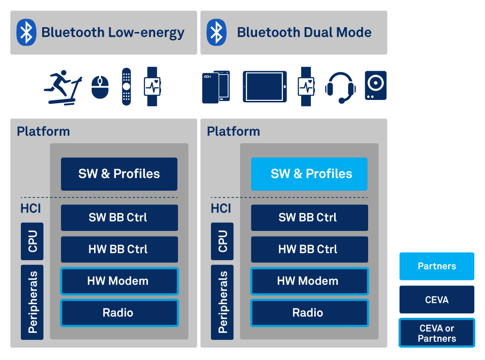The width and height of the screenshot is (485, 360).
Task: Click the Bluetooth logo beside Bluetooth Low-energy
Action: coord(26,33)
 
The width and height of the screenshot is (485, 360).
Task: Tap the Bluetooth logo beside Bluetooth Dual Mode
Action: coord(216,33)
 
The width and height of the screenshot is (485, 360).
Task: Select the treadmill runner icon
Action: coord(63,88)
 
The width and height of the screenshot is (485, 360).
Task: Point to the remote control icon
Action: coord(126,86)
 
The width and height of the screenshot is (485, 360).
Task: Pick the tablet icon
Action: coord(264,86)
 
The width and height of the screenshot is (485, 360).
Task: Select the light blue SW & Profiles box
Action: coord(309,174)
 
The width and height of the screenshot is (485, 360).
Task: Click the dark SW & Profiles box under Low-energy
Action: coord(119,174)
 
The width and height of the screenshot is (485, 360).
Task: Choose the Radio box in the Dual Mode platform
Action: coord(308,313)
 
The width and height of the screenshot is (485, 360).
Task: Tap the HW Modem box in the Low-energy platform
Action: coord(119,281)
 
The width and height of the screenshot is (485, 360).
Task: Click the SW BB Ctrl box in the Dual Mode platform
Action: coord(308,217)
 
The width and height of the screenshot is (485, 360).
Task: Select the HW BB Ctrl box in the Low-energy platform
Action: coord(119,249)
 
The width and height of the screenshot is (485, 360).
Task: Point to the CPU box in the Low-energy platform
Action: coord(32,241)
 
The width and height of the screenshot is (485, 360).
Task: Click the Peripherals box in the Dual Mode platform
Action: coord(223,302)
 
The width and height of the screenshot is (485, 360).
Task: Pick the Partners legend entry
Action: coord(436,266)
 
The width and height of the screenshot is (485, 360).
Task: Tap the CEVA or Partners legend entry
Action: coord(436,333)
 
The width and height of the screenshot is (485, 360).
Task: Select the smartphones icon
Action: coord(216,86)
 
